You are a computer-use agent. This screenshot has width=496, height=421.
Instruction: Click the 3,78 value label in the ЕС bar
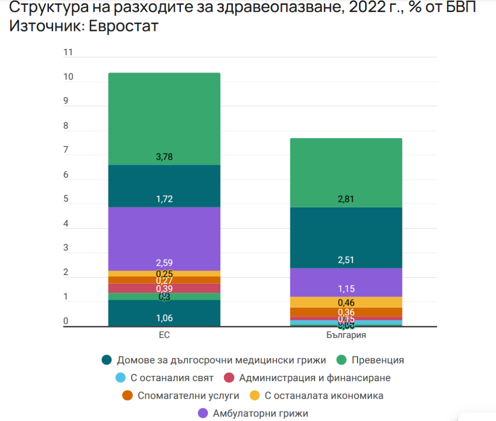164,157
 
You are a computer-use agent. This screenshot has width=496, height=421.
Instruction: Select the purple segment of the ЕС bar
164,238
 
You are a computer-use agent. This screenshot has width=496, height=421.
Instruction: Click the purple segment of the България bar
346,282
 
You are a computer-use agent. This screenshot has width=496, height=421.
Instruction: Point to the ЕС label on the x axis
164,335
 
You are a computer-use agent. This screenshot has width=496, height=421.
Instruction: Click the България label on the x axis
346,335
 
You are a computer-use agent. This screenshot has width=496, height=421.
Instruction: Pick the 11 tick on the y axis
68,52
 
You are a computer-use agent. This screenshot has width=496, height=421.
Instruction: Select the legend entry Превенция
378,360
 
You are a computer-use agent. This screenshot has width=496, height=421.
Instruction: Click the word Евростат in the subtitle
123,26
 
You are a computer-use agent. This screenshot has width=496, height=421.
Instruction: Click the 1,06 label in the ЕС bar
164,318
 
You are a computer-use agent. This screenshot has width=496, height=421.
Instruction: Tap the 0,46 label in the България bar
346,303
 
